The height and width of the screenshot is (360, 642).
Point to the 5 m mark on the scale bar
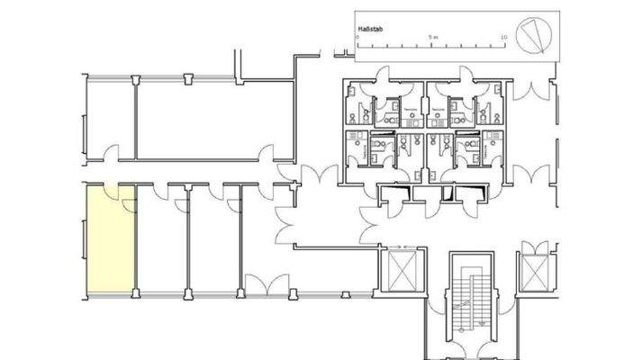click(433, 38)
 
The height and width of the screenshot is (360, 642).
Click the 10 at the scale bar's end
click(503, 38)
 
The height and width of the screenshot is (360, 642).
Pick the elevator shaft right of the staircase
click(535, 270)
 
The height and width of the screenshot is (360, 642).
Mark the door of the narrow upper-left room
click(111, 154)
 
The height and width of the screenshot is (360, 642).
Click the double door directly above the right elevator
click(533, 246)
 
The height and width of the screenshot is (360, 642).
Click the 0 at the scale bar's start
click(360, 38)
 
